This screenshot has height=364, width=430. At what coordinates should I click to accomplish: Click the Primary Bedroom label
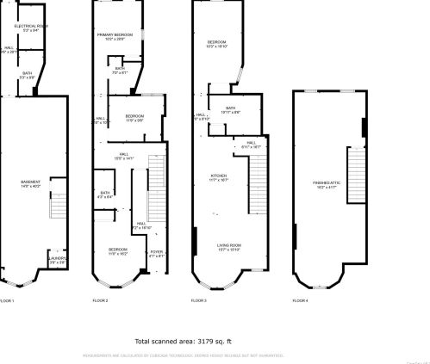pyautogui.click(x=122, y=37)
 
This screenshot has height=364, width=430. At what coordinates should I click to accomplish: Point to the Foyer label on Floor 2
pyautogui.click(x=156, y=254)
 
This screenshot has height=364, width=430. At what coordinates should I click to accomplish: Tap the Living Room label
pyautogui.click(x=228, y=247)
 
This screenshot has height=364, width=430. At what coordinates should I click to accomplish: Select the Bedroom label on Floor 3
pyautogui.click(x=215, y=44)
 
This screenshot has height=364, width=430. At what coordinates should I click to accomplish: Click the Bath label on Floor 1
pyautogui.click(x=28, y=75)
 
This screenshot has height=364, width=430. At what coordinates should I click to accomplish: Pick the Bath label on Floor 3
pyautogui.click(x=230, y=109)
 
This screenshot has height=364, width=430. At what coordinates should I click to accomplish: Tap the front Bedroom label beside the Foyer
pyautogui.click(x=118, y=251)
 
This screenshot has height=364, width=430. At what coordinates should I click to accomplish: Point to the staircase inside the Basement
pyautogui.click(x=59, y=207)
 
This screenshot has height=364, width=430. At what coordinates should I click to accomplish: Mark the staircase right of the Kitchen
pyautogui.click(x=258, y=185)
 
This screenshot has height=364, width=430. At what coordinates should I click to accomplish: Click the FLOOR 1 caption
pyautogui.click(x=7, y=299)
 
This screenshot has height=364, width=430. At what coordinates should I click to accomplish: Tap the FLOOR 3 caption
pyautogui.click(x=199, y=299)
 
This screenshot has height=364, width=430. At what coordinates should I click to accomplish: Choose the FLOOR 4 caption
pyautogui.click(x=299, y=299)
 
